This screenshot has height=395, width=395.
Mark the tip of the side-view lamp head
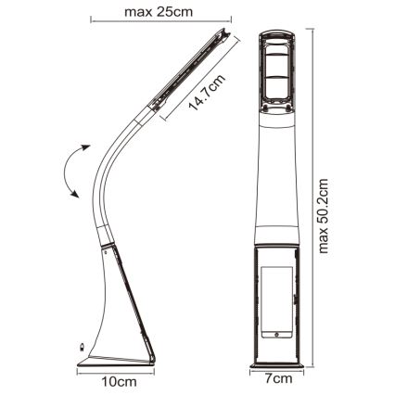pos(225,33)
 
